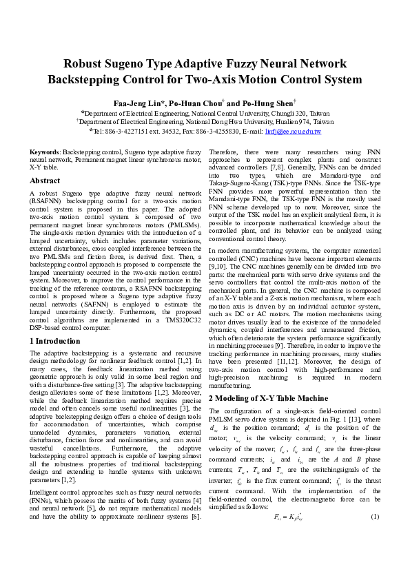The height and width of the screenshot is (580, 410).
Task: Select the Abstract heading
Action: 45,180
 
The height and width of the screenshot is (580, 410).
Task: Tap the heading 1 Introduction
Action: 54,340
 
